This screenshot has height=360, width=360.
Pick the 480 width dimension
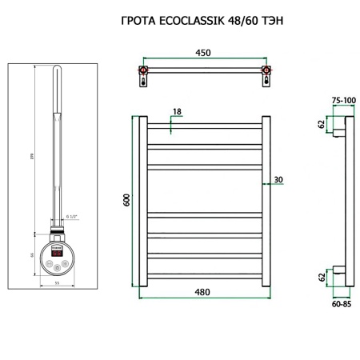pos(202,291)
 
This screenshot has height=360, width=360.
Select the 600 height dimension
pos(126,201)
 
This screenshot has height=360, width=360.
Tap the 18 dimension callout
pos(176,113)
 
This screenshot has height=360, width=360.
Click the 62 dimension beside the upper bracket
pos(322,124)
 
